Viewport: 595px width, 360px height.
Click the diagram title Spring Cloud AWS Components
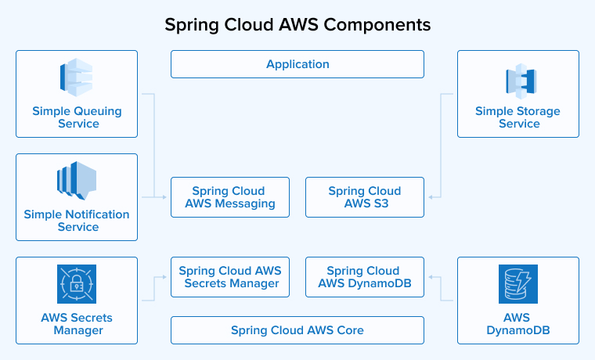click(x=297, y=24)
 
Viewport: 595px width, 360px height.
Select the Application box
click(x=297, y=64)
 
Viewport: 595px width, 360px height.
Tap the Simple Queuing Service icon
click(x=77, y=77)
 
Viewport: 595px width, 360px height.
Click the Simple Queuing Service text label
click(x=77, y=117)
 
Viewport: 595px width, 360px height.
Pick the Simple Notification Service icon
click(x=77, y=181)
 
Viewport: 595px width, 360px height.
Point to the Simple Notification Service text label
click(x=77, y=221)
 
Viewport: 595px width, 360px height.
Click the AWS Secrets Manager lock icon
click(x=77, y=284)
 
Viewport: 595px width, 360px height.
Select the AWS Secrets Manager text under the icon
click(x=77, y=324)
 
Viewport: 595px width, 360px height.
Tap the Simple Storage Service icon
click(x=518, y=81)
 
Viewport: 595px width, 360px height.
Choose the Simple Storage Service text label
click(x=518, y=117)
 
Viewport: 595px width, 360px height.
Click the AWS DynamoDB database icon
click(x=518, y=284)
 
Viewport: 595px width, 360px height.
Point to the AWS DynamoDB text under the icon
click(x=518, y=324)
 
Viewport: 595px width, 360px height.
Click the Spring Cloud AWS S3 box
click(x=365, y=197)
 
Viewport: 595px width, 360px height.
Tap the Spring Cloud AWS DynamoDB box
click(x=365, y=277)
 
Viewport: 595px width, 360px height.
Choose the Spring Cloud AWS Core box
click(x=297, y=330)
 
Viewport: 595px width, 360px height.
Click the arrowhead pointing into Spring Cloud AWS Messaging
click(x=165, y=197)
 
